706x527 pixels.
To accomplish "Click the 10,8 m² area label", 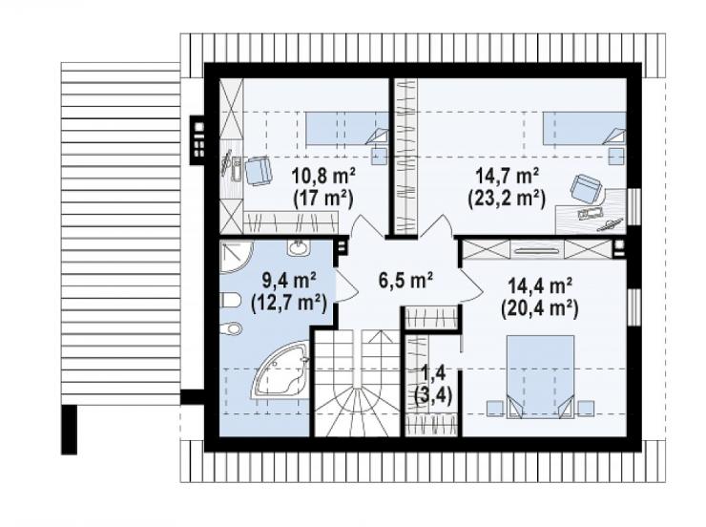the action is pos(323,176).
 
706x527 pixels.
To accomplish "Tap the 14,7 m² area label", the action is pos(508,176).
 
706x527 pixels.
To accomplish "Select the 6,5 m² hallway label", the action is pos(405,280).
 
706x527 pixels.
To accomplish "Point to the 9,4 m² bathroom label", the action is pos(288,281).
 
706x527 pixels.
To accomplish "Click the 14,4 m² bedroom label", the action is pos(540,285).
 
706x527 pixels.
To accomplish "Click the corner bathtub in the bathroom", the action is pos(280,370).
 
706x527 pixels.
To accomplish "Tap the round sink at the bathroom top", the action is pos(298,247).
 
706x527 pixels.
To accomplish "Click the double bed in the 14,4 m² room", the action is pos(540,376).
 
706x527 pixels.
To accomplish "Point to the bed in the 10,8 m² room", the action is pos(346,129).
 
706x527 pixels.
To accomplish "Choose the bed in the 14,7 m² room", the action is pos(584,129).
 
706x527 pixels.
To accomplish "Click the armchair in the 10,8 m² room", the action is pos(258,171).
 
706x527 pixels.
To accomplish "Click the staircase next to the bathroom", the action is pos(357,383).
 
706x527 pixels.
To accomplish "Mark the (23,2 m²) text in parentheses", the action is pos(507,199).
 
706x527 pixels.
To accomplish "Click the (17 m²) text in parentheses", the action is pos(322,199).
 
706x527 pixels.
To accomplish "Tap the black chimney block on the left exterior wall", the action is pos(197,140).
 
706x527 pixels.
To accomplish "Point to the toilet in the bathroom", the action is pos(232,300).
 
